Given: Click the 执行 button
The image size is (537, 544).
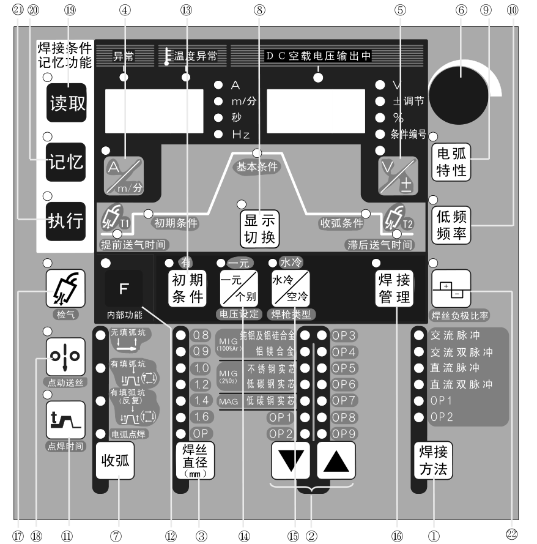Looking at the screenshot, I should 66,220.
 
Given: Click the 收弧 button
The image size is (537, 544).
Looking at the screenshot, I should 115,460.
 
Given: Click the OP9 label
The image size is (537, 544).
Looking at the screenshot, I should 344,433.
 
